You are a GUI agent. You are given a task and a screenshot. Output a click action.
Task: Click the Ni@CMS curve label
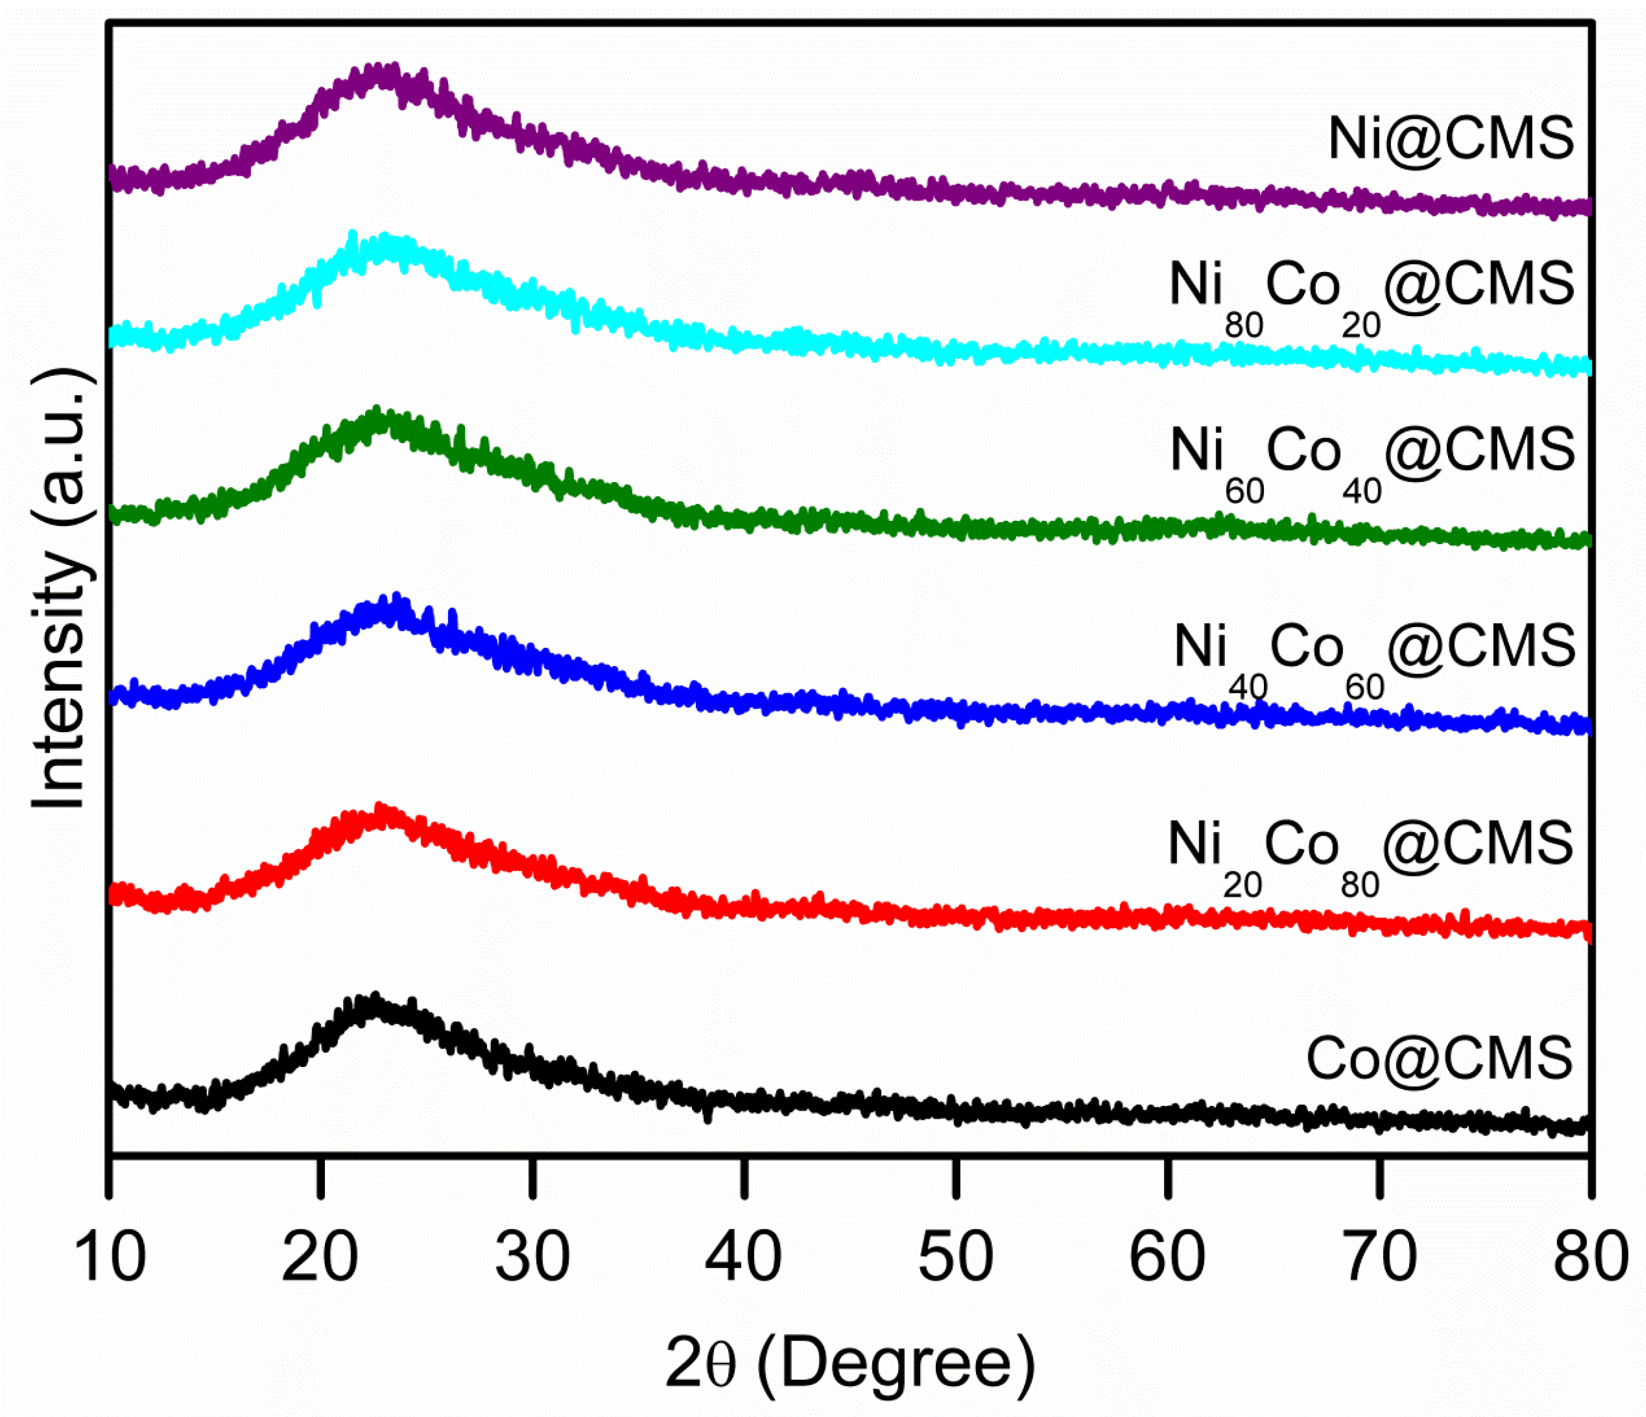(1451, 140)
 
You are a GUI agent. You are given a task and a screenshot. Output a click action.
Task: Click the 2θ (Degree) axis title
(850, 1363)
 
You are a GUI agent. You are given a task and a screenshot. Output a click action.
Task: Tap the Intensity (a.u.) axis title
(59, 588)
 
